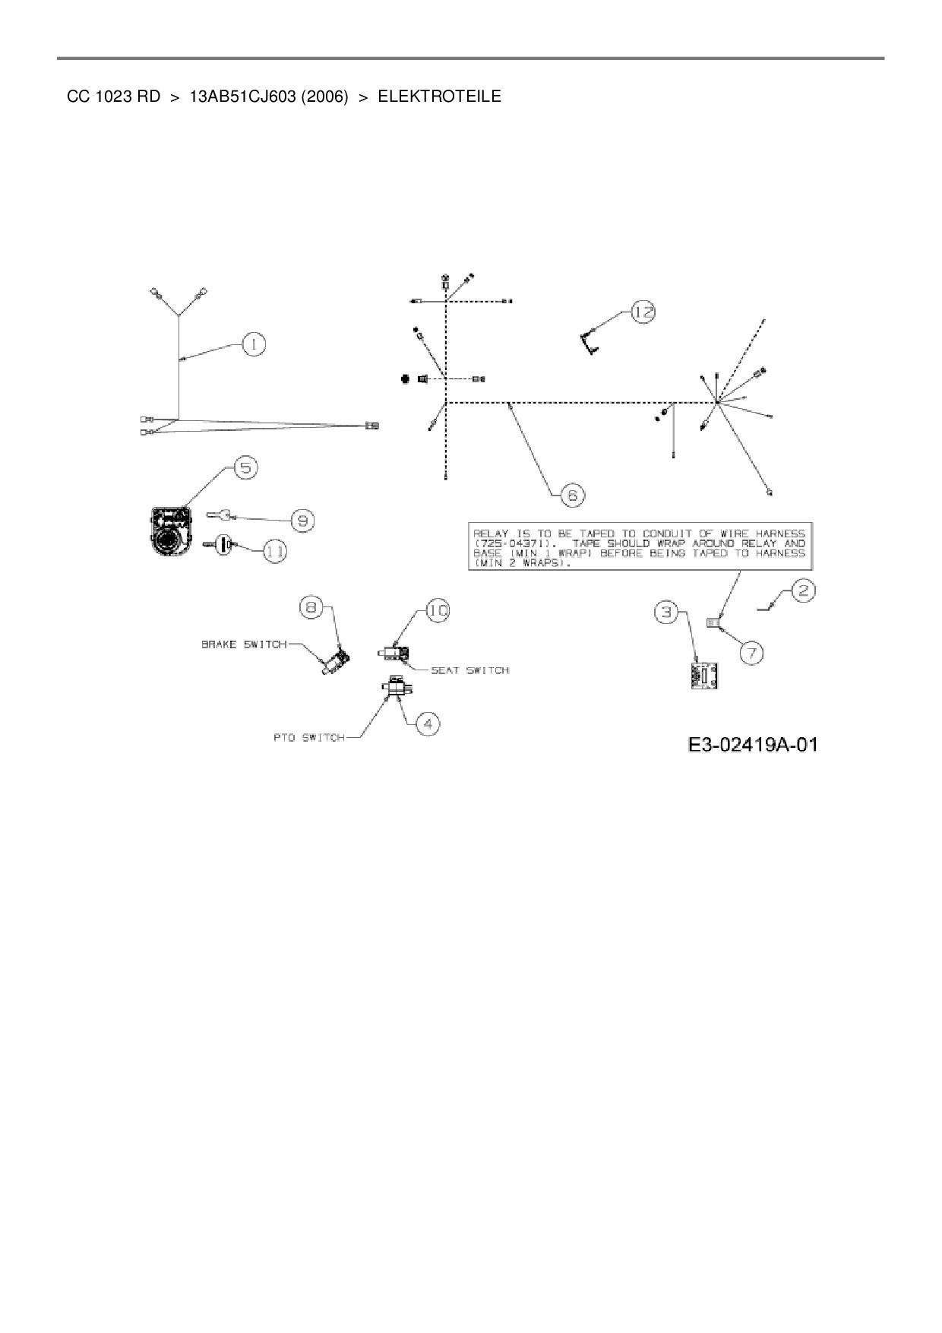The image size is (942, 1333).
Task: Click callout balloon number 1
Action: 254,344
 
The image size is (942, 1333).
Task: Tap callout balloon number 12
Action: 643,312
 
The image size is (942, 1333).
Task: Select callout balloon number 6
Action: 572,496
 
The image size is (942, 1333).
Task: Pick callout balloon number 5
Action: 245,467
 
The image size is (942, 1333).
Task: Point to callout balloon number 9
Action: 302,521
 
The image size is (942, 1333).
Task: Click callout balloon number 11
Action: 275,552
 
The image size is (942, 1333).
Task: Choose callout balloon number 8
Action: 312,606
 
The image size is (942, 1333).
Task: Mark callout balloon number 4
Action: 428,723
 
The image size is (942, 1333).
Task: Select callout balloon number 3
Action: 666,612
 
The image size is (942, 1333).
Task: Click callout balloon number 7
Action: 751,652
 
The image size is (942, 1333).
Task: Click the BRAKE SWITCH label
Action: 243,644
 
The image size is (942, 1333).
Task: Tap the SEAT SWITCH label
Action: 469,670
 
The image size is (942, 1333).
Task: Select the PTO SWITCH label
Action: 308,737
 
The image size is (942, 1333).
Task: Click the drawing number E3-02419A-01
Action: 753,745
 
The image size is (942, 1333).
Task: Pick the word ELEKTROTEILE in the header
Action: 439,97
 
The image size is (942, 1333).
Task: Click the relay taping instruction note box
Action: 638,545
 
